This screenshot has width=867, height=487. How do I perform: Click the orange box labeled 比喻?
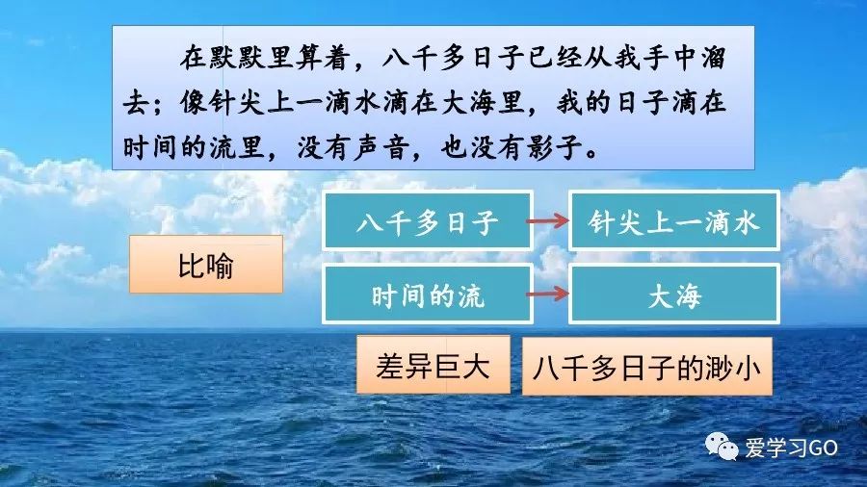(205, 265)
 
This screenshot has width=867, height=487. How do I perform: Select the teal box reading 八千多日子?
(427, 222)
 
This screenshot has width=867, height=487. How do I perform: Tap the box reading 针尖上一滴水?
(674, 222)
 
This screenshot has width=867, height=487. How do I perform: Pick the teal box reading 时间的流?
(427, 295)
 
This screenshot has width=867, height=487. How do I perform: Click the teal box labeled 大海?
(674, 295)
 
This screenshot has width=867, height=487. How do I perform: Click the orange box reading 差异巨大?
(433, 365)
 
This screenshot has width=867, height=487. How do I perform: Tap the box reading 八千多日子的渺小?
(646, 367)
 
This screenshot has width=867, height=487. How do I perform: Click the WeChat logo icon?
(721, 446)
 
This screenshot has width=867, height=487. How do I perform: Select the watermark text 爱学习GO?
(791, 447)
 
